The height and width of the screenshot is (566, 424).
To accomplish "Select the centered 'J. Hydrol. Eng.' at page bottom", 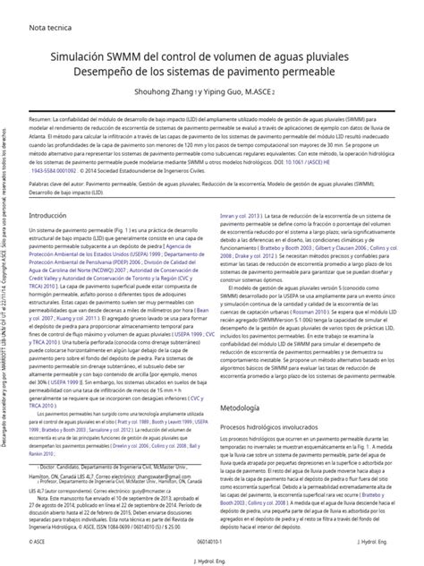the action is coord(212,559).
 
